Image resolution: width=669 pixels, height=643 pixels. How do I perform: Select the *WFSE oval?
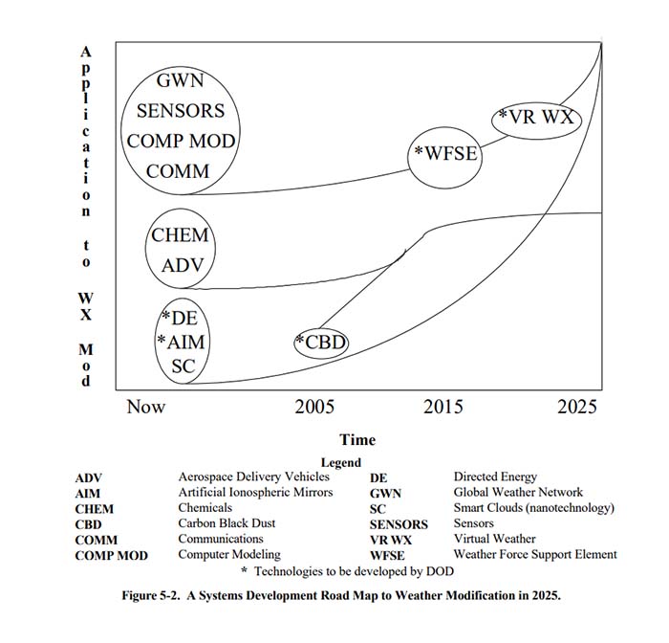coord(444,152)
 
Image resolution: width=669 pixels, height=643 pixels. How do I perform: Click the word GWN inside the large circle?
coord(181,81)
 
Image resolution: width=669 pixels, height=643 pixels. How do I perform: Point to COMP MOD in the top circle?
coord(181,142)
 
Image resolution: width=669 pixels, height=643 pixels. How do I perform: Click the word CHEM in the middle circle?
coord(180,235)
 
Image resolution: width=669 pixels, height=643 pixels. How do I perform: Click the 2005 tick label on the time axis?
coord(314,407)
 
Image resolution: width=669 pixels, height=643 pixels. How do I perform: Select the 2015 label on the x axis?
coord(442,407)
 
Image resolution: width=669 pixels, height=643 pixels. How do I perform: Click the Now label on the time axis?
coord(146,407)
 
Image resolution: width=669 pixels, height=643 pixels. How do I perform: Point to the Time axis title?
coord(357,440)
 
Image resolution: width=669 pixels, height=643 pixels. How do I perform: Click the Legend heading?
coord(340,463)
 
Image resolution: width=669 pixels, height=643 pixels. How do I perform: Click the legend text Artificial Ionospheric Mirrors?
coord(255,492)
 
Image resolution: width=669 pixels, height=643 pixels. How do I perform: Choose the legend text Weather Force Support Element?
coord(534,554)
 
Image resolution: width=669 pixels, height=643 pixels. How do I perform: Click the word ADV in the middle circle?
coord(182,265)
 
